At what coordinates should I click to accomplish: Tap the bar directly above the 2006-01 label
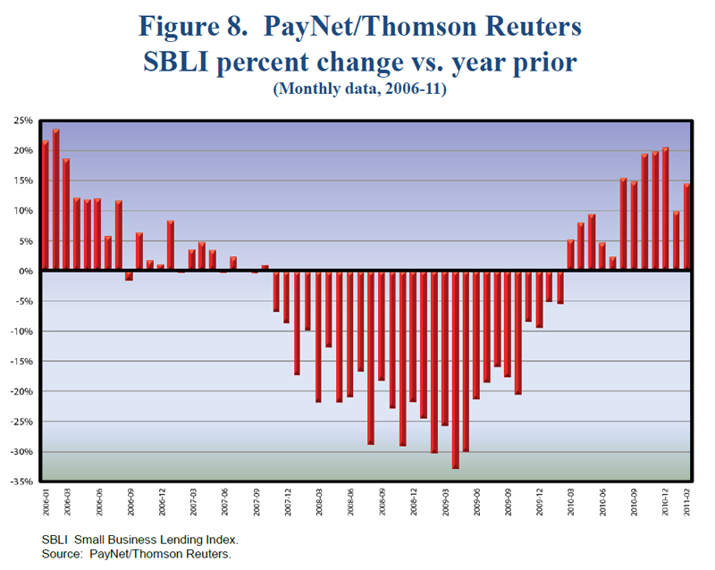coord(46,205)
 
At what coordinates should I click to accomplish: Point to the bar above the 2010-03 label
coord(571,256)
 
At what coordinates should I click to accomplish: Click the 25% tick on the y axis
coord(23,121)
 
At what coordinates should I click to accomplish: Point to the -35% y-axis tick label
coord(21,482)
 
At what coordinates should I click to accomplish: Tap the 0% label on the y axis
coord(25,271)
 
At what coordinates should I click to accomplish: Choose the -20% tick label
coord(21,391)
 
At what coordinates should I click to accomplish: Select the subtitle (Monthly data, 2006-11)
coord(357,89)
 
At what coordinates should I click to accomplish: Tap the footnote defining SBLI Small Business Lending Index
coord(139,541)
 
